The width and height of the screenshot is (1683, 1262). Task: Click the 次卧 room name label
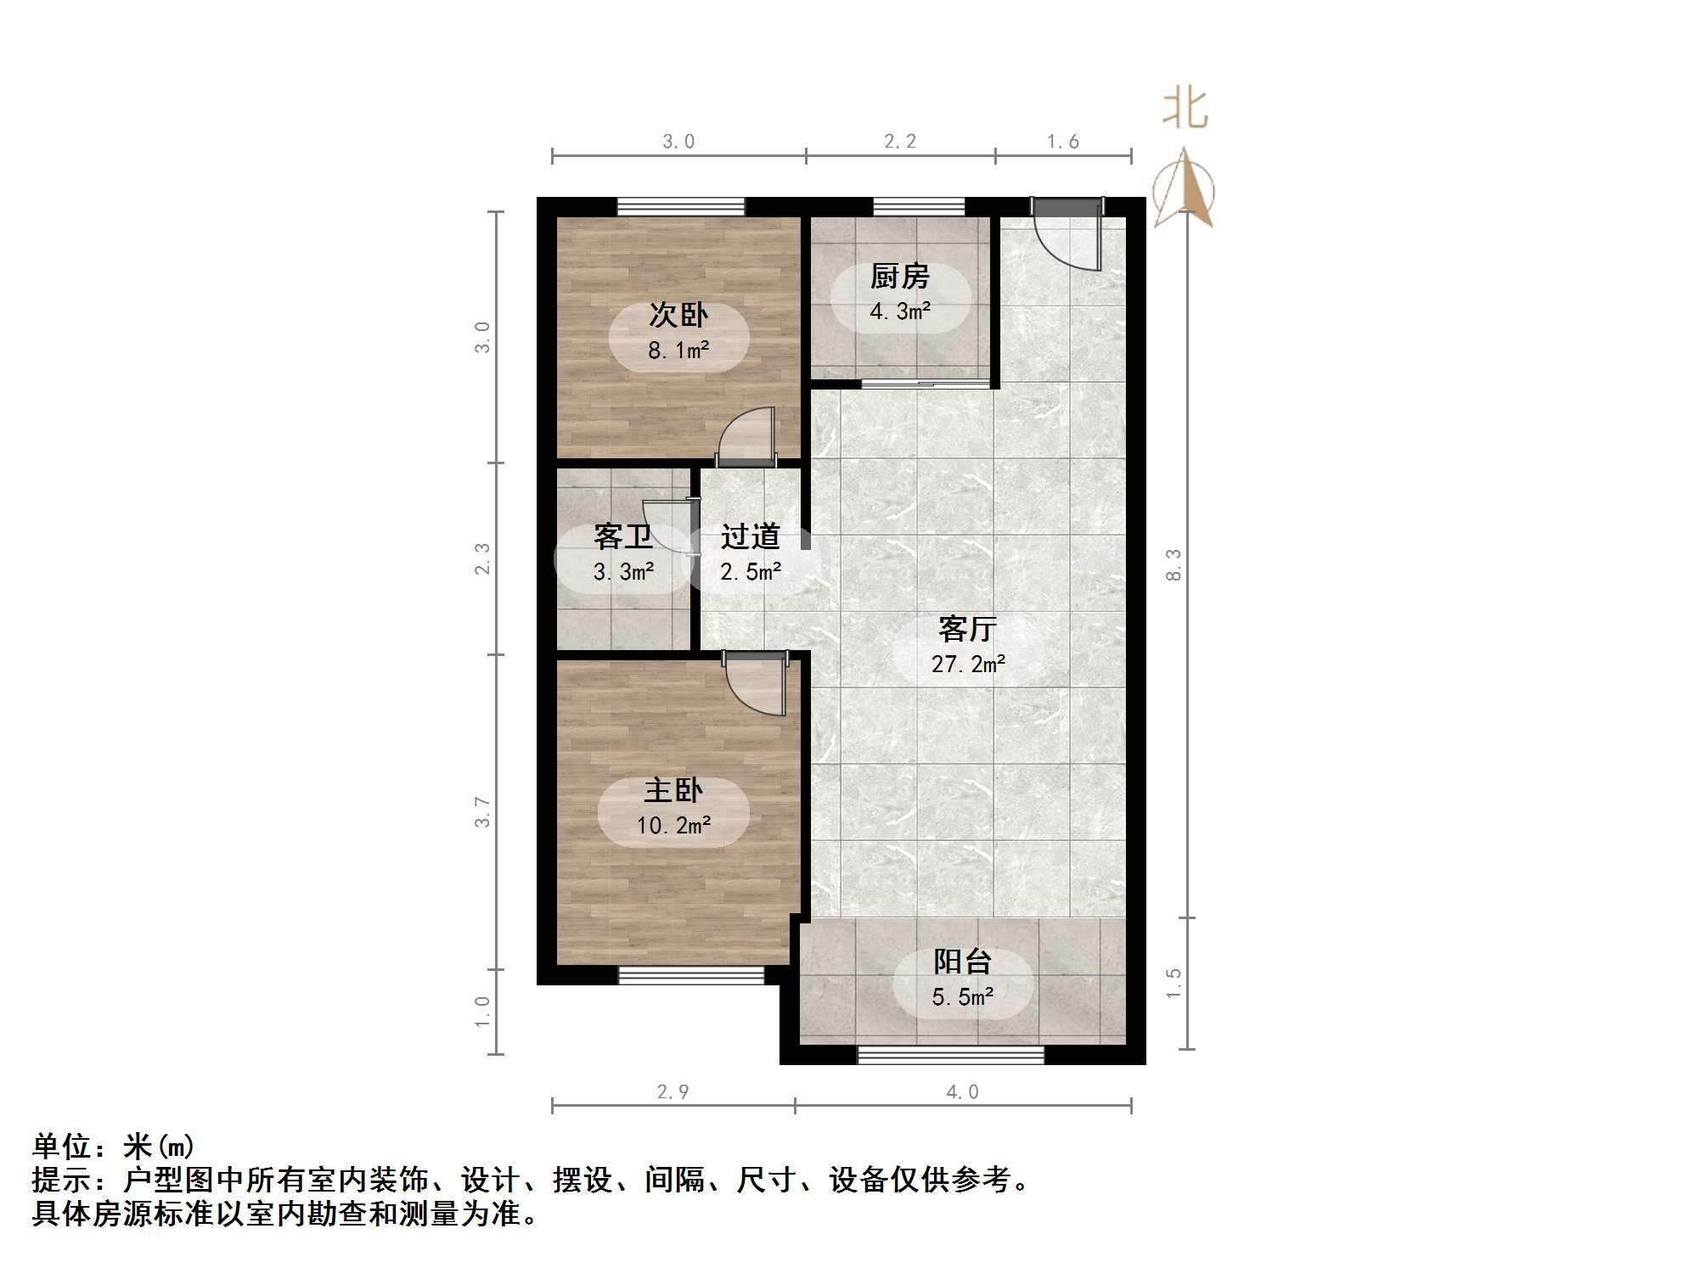coord(678,315)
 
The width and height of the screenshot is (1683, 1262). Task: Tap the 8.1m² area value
coord(678,350)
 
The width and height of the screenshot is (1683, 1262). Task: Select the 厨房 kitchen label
coord(899,276)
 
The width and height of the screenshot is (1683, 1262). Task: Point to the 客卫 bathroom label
coord(622,536)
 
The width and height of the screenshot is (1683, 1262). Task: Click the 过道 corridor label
coord(750,536)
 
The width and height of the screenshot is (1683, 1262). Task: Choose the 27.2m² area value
coord(968,664)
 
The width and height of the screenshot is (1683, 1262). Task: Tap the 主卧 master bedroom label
coord(673,790)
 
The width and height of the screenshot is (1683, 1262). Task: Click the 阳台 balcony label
coord(962,962)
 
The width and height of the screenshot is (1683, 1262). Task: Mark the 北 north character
coord(1185,109)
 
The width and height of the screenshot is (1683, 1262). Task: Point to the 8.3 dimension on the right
coord(1174,564)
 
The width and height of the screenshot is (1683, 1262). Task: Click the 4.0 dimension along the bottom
coord(962,1092)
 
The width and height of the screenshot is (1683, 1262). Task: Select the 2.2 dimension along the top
coord(899,142)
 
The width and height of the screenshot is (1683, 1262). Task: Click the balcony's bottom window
coord(951,1055)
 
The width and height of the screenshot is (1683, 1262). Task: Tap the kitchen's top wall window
coord(919,206)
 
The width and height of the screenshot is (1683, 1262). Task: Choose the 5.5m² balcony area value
coord(962,997)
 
